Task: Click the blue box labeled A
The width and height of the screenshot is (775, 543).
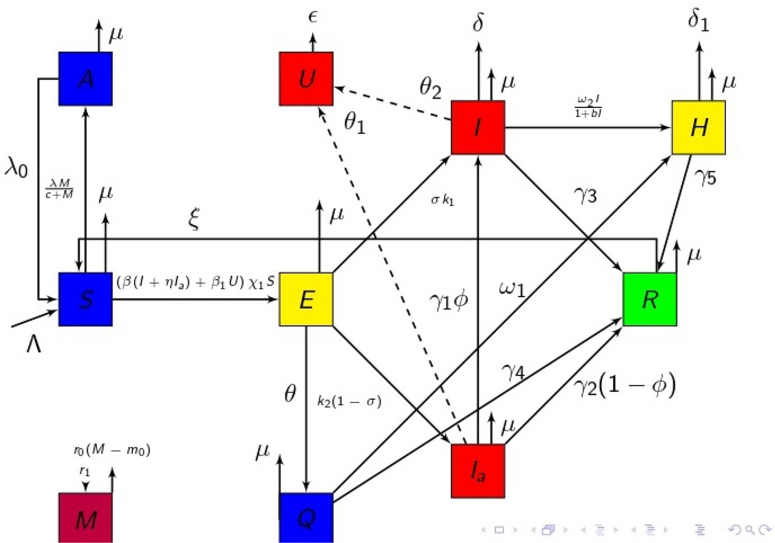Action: click(x=85, y=79)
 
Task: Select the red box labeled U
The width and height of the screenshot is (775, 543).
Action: click(x=306, y=79)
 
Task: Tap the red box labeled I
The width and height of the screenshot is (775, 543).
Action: click(x=478, y=128)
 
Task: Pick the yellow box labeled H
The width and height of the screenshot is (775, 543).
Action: click(x=698, y=128)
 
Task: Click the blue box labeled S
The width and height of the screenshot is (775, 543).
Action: click(x=85, y=299)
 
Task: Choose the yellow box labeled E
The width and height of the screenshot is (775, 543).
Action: click(x=306, y=299)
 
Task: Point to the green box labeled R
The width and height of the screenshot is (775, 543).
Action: click(x=650, y=299)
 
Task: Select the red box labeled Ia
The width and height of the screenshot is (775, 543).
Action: click(x=478, y=471)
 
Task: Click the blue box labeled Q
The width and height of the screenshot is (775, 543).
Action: click(x=306, y=518)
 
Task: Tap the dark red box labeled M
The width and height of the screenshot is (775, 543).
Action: click(x=85, y=518)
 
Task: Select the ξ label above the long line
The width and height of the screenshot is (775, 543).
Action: click(x=194, y=219)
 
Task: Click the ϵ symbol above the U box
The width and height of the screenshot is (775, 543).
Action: click(x=312, y=18)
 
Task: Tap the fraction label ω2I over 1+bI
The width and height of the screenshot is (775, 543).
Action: click(x=588, y=106)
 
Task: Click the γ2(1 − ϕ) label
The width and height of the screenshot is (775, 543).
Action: click(x=625, y=385)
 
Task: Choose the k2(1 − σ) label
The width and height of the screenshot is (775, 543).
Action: click(x=349, y=401)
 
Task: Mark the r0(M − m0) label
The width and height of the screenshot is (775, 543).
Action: click(x=112, y=450)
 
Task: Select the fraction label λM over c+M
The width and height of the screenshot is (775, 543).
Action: click(x=59, y=189)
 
